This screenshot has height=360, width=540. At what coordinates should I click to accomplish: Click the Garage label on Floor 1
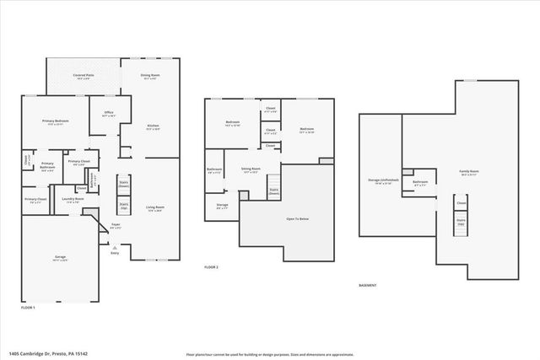point(60,259)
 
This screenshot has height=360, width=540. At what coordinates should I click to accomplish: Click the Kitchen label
point(153,126)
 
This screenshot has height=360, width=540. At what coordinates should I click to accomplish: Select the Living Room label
point(155,207)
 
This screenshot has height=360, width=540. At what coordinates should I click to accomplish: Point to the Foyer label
point(116,226)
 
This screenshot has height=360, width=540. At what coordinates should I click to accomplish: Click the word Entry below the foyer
point(116,252)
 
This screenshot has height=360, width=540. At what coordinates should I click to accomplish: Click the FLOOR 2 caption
point(211,267)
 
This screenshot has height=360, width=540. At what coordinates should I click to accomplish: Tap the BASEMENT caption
point(368,286)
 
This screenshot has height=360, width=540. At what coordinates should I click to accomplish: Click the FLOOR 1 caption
point(28,308)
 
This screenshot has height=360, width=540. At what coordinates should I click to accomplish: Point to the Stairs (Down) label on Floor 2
point(274,191)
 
